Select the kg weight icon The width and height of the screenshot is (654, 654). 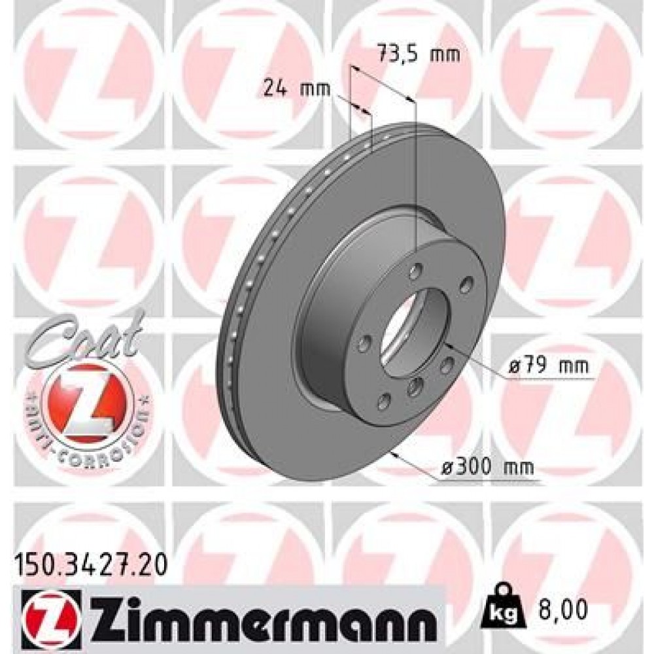[502, 608]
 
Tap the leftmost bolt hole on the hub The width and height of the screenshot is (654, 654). [366, 343]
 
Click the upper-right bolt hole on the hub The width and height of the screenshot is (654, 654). [466, 284]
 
